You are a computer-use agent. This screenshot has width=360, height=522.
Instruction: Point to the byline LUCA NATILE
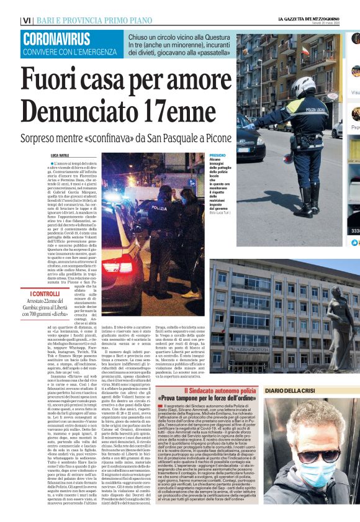[61, 155]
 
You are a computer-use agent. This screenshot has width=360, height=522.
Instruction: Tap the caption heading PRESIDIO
[217, 155]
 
